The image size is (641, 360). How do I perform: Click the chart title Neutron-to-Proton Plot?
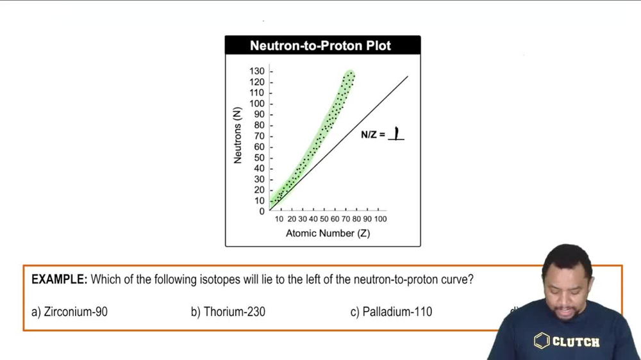pos(320,45)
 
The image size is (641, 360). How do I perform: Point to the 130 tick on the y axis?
pos(256,71)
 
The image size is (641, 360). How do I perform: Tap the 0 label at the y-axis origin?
pos(262,211)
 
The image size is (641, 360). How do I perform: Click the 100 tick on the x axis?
pos(379,219)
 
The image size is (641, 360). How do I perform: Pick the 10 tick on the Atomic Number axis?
pos(279,219)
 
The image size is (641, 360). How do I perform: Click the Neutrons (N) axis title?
pos(238,135)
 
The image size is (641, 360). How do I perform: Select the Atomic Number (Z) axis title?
pos(328,233)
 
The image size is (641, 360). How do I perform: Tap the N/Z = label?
pos(373,135)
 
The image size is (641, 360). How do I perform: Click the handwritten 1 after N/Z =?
pos(397,133)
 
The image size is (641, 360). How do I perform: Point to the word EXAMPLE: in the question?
pos(60,279)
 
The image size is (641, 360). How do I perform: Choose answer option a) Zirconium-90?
pos(69,312)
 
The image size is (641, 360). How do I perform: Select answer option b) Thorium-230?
pos(228,312)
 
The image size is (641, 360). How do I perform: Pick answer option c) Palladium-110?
pos(391,312)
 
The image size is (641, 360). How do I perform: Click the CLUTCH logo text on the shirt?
pos(576,342)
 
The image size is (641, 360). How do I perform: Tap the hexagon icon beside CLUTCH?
pos(542,341)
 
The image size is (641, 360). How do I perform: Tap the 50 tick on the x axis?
pos(324,219)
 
